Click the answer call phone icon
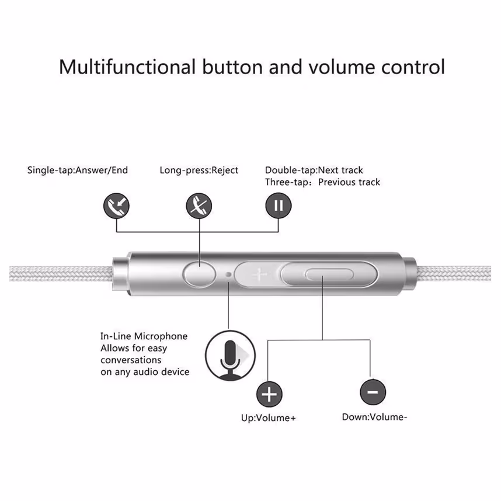point(116,206)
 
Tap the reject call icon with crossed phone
point(199,206)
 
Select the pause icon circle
point(279,206)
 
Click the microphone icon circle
point(230,355)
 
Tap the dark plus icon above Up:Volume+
point(269,394)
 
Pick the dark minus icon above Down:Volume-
point(373,392)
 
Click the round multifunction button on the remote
point(199,274)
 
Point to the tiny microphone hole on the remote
point(228,274)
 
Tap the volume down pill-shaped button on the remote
point(329,274)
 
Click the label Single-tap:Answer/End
point(78,170)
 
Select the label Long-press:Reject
point(199,170)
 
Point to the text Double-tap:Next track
point(314,170)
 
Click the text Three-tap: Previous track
point(322,182)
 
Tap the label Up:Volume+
point(269,418)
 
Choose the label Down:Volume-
point(374,417)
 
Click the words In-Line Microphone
point(144,336)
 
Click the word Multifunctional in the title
point(127,67)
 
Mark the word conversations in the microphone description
point(131,360)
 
